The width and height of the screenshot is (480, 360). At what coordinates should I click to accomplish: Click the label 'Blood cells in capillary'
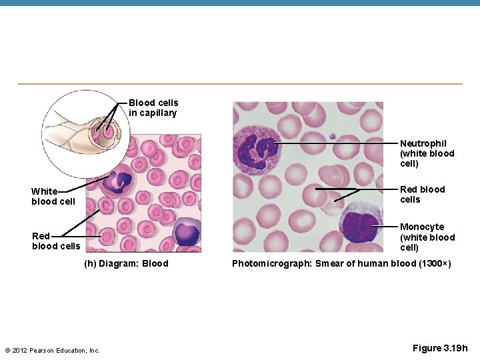click(x=153, y=108)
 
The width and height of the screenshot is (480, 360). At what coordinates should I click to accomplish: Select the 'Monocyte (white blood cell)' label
click(x=427, y=237)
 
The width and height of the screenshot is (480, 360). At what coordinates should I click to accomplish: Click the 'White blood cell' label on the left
click(x=53, y=197)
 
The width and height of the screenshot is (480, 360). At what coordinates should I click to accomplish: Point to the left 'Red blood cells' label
click(x=55, y=241)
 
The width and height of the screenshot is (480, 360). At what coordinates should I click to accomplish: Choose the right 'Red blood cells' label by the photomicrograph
click(x=422, y=195)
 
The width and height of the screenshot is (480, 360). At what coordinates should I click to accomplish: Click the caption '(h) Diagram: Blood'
click(x=126, y=263)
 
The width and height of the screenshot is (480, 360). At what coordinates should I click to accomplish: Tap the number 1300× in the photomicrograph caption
click(x=433, y=263)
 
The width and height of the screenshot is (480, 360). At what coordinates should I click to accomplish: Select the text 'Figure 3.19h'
click(x=440, y=348)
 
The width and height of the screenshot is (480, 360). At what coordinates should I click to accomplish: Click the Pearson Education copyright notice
click(x=52, y=351)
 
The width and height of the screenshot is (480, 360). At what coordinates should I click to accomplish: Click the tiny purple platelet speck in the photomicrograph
click(x=332, y=136)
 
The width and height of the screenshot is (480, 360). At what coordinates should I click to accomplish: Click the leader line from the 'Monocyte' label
click(x=385, y=227)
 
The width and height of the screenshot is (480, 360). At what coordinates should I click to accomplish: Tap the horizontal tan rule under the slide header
click(x=240, y=84)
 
